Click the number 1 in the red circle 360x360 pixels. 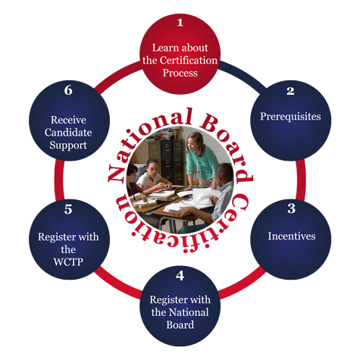click(x=180, y=23)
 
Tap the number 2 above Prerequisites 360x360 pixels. click(x=290, y=91)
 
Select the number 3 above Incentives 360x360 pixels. click(x=292, y=208)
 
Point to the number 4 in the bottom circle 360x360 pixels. click(x=180, y=276)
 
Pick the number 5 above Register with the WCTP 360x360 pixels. click(x=68, y=209)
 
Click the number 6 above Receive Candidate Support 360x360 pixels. click(x=68, y=90)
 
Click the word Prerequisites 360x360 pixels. click(x=290, y=117)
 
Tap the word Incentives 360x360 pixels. click(x=292, y=236)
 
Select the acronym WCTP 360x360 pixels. click(x=68, y=262)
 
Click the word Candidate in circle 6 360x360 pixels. click(x=68, y=133)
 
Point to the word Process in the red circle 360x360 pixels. click(x=180, y=73)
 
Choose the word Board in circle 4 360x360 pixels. click(x=180, y=325)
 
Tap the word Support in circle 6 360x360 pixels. click(x=68, y=146)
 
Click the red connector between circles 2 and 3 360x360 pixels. click(x=301, y=180)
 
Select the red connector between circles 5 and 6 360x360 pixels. click(x=59, y=180)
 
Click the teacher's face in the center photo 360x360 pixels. click(x=193, y=145)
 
